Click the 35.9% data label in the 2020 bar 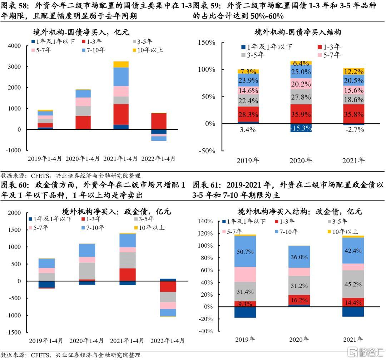[301, 114]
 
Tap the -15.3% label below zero [301, 128]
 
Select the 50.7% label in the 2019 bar [245, 252]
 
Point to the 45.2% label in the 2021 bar [353, 285]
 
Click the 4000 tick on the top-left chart [14, 46]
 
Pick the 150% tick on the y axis [207, 42]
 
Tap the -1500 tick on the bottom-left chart [13, 332]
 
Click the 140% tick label [205, 221]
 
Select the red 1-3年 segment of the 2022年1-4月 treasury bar [159, 121]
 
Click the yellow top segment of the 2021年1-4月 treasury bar [121, 64]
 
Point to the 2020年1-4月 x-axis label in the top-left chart [83, 159]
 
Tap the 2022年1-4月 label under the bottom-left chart [167, 341]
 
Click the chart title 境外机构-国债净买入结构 [298, 32]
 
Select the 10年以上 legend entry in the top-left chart [148, 50]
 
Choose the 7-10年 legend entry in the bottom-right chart [286, 231]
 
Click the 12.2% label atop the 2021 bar [354, 71]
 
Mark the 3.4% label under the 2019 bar [248, 129]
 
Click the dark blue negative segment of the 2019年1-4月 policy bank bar [46, 284]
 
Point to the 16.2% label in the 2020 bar [299, 300]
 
